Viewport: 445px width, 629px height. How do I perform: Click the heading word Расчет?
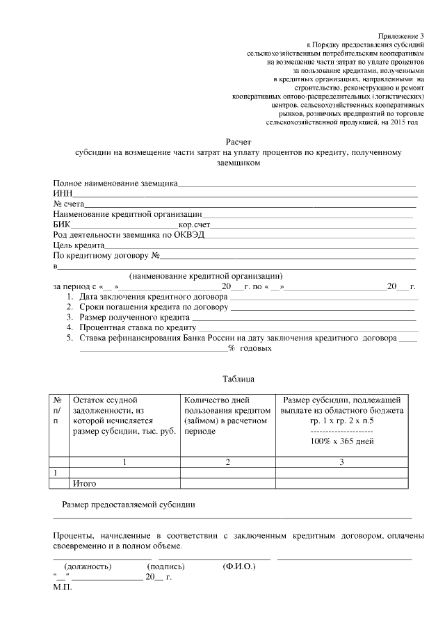tap(238, 141)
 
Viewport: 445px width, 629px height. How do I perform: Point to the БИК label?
tap(62, 224)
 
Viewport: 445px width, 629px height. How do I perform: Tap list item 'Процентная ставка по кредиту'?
tap(138, 327)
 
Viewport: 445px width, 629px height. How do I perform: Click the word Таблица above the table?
tap(238, 379)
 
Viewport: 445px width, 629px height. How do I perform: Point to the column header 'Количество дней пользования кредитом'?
tap(226, 416)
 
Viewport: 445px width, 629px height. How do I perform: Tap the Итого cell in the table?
tap(84, 483)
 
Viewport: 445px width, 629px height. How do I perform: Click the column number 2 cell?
tap(227, 461)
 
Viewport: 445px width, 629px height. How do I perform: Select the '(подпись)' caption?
tap(165, 566)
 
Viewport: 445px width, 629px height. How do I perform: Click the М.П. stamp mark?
tap(62, 587)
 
